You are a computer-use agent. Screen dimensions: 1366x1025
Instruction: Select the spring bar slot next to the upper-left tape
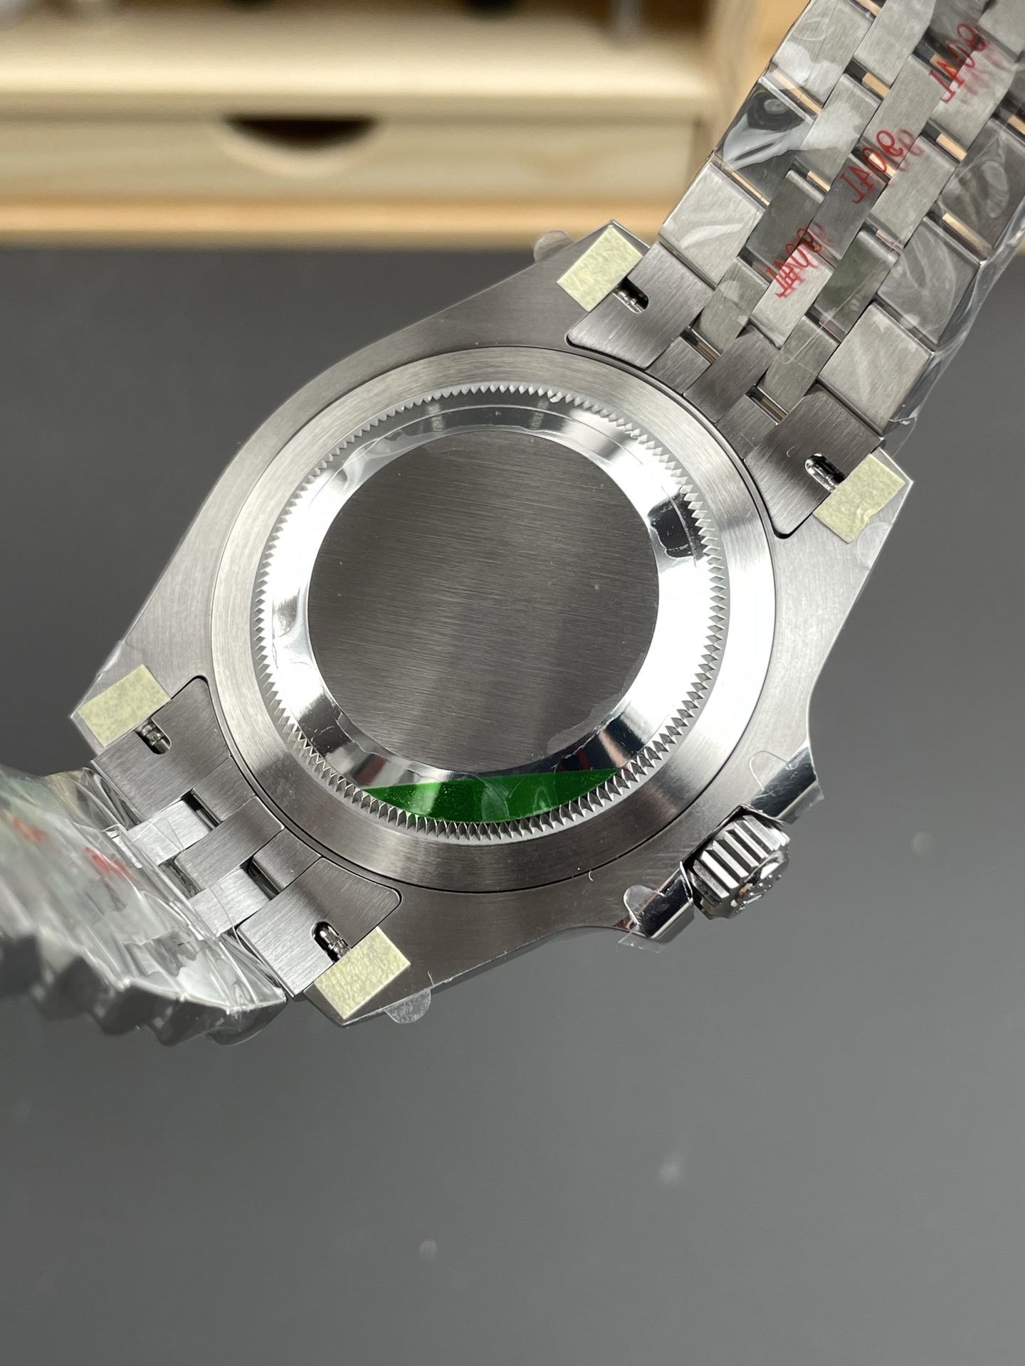pos(633,295)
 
